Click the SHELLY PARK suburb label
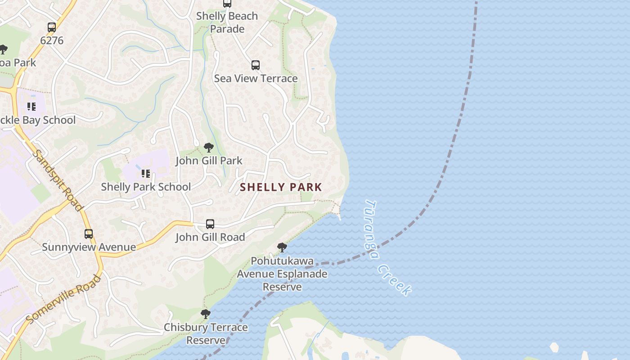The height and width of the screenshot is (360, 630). [x=281, y=187]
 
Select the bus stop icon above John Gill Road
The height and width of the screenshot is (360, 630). [x=210, y=224]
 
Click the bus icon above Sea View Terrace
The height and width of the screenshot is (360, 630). [x=256, y=65]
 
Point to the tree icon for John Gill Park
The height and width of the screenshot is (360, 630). [x=208, y=147]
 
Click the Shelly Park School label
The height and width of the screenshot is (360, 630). [x=146, y=187]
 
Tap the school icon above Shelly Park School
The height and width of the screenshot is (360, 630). [x=145, y=173]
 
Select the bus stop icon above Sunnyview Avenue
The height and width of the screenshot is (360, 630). [x=89, y=234]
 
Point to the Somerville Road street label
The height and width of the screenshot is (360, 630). [x=63, y=299]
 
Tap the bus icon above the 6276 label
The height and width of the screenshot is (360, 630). [x=52, y=27]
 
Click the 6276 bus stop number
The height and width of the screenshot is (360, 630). [x=52, y=40]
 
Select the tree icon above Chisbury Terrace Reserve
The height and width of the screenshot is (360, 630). [x=206, y=314]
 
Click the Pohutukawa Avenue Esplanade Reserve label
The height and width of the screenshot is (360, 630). [x=282, y=274]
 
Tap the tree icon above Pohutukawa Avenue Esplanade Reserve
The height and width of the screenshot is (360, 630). [x=282, y=247]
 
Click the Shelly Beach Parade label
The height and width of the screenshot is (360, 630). [x=227, y=22]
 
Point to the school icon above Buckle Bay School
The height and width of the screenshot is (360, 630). [x=31, y=107]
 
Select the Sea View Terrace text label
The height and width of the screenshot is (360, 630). [x=256, y=78]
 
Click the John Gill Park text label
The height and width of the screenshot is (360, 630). [x=209, y=161]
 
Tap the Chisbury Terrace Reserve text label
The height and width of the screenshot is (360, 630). [x=206, y=333]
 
